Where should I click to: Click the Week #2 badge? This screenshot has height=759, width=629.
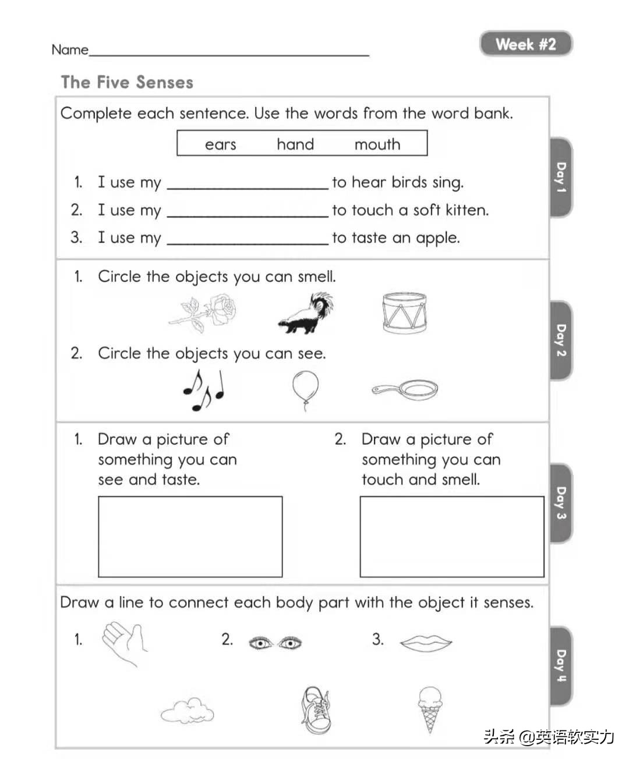tap(525, 44)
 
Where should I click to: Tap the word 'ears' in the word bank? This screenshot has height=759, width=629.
tap(220, 144)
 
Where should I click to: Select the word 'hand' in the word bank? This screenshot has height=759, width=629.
tap(295, 144)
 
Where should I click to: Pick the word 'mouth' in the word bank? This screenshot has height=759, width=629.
tap(377, 144)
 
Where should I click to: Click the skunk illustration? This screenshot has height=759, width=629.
tap(306, 314)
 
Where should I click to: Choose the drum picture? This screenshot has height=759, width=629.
tap(404, 313)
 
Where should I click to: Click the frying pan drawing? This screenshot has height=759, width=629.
tap(406, 389)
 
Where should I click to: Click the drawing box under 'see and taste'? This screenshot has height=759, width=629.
tap(190, 536)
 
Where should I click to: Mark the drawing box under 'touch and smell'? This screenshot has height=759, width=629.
tap(451, 536)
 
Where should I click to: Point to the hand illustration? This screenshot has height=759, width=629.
tap(124, 641)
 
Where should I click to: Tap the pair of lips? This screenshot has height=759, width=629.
tap(426, 642)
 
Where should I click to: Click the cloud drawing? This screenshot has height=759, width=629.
tap(187, 710)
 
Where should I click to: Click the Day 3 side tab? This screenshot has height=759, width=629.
tap(560, 503)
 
